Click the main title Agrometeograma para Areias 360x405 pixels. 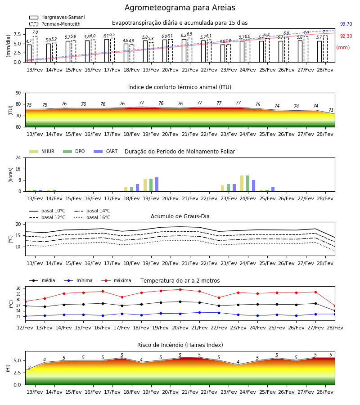[180, 8]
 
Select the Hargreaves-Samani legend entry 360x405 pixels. [57, 17]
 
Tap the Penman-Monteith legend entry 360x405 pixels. [55, 24]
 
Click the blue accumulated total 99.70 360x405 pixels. [346, 24]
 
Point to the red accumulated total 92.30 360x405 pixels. [346, 36]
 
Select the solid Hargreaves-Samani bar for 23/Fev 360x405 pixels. [223, 54]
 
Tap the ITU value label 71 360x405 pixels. [331, 110]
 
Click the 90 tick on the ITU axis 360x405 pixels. [18, 93]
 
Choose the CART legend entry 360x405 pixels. [106, 151]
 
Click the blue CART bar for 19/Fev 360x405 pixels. [157, 184]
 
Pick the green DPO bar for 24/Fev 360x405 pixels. [247, 184]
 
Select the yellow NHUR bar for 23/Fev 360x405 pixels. [223, 188]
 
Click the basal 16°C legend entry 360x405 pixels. [92, 217]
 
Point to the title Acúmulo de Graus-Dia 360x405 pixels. [180, 216]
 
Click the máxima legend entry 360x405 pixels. [117, 280]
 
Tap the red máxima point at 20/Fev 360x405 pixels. [180, 289]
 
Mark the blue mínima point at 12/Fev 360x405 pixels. [25, 316]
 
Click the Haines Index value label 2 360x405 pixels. [29, 368]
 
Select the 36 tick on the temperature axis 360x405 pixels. [18, 288]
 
